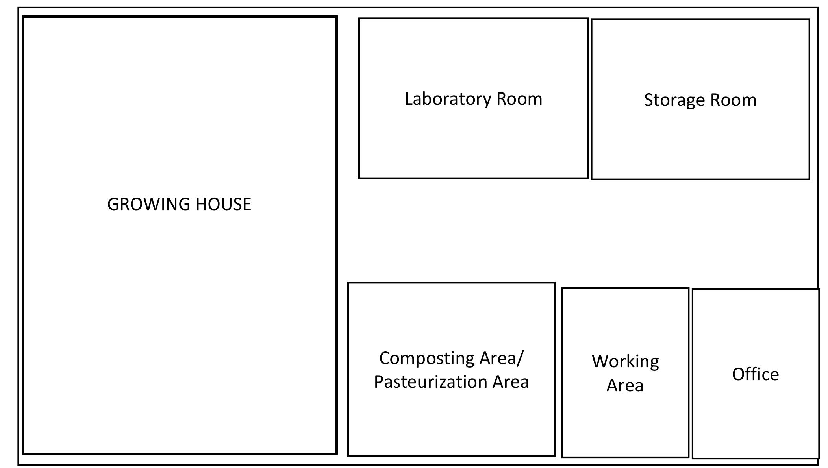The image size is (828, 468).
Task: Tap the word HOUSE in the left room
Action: tap(223, 204)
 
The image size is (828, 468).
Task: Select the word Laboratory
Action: tap(448, 99)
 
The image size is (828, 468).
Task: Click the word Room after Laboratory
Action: tap(519, 99)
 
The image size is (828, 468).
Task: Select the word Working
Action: tap(625, 362)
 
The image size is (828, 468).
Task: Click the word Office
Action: tap(755, 374)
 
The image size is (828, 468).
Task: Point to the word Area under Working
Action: tap(625, 385)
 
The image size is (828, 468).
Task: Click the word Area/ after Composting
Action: tap(502, 358)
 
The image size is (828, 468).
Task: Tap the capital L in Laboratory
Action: tap(408, 99)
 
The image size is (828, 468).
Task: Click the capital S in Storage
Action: tap(648, 100)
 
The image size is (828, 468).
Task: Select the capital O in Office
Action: tap(739, 374)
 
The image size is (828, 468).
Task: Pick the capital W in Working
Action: tap(600, 361)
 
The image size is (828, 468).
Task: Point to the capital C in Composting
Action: tap(384, 358)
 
